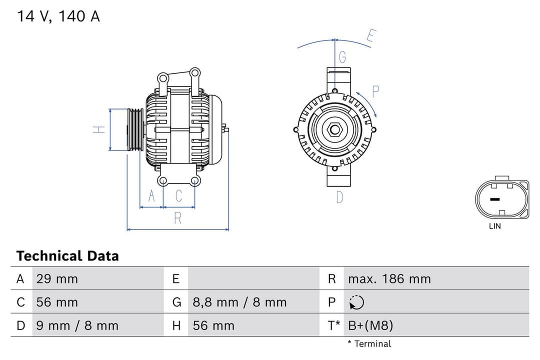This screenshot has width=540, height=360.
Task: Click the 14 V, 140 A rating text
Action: (x=58, y=16)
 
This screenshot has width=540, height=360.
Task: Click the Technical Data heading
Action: (x=67, y=256)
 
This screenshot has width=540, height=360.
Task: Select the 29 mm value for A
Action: (x=57, y=279)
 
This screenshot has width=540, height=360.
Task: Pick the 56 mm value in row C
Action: (x=57, y=302)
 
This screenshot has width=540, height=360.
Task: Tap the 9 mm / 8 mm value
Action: (x=77, y=326)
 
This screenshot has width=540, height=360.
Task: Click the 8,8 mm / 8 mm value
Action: (x=239, y=302)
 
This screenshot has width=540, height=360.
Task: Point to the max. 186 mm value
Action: (x=389, y=279)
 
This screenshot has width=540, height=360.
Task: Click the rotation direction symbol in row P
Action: (x=357, y=302)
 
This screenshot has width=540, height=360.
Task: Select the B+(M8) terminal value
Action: (x=370, y=326)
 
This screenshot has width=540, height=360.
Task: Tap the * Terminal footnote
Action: (x=369, y=344)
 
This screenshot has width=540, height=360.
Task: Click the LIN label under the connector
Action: (x=494, y=226)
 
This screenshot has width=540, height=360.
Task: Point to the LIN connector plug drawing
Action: (x=501, y=198)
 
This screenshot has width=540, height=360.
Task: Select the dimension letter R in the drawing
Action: (x=177, y=218)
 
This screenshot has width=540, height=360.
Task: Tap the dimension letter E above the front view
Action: (x=371, y=36)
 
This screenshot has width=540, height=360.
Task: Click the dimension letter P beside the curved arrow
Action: (x=375, y=91)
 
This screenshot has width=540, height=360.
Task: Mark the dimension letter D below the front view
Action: (x=339, y=197)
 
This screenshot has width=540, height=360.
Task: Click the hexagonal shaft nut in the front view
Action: (x=334, y=130)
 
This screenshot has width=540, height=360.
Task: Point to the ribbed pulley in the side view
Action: (x=135, y=129)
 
